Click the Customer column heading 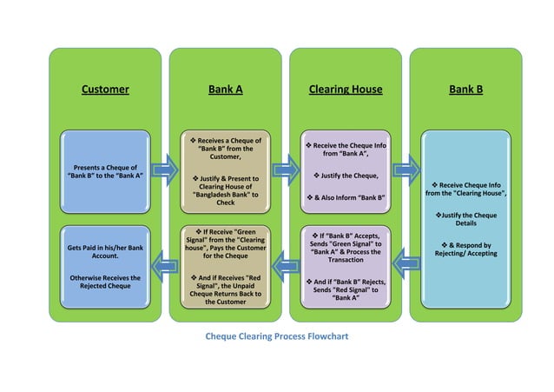pyautogui.click(x=104, y=89)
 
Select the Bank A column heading pyautogui.click(x=225, y=89)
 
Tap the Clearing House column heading pyautogui.click(x=345, y=89)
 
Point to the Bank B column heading pyautogui.click(x=465, y=89)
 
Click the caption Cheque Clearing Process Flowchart pyautogui.click(x=275, y=336)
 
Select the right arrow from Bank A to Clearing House pyautogui.click(x=283, y=169)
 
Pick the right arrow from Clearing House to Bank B pyautogui.click(x=404, y=169)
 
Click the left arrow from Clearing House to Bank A pyautogui.click(x=283, y=259)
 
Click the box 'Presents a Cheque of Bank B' pyautogui.click(x=104, y=170)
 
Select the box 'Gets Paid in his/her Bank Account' pyautogui.click(x=104, y=252)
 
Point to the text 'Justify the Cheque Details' pyautogui.click(x=465, y=219)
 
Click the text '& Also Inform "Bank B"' pyautogui.click(x=346, y=198)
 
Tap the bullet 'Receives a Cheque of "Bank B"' pyautogui.click(x=225, y=148)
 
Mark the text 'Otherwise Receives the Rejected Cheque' pyautogui.click(x=104, y=282)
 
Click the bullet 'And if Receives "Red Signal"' pyautogui.click(x=225, y=289)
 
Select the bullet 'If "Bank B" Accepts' pyautogui.click(x=346, y=247)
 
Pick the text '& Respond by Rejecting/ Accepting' pyautogui.click(x=465, y=249)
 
